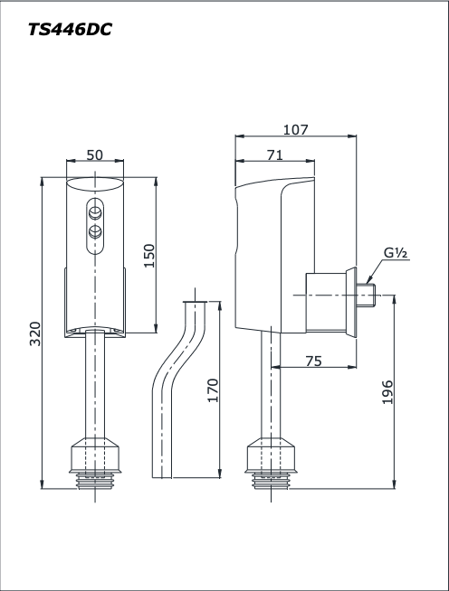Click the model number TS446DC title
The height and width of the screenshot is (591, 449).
tap(70, 29)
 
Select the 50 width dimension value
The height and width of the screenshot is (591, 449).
tap(94, 155)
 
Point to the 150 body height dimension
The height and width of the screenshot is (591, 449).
tap(148, 255)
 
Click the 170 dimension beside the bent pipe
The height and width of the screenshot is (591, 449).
tap(213, 389)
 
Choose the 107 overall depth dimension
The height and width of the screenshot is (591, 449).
tap(294, 129)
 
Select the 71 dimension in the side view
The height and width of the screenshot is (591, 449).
tap(274, 155)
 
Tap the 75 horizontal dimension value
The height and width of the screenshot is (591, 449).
tap(313, 361)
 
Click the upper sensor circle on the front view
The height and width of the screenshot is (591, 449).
tap(94, 212)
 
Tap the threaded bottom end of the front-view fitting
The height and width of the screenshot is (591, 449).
tap(94, 479)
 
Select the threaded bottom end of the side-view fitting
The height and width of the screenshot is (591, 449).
tap(271, 479)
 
